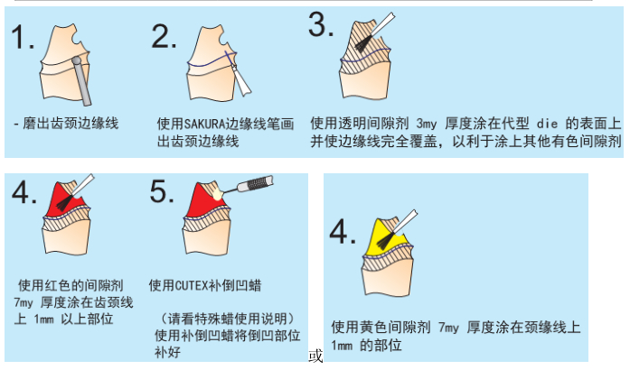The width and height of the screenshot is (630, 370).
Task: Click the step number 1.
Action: pyautogui.click(x=22, y=37)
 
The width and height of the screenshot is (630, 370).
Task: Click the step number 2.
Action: pyautogui.click(x=164, y=36)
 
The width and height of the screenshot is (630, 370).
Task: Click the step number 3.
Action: pyautogui.click(x=321, y=25)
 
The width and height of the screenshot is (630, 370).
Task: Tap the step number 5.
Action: pyautogui.click(x=162, y=191)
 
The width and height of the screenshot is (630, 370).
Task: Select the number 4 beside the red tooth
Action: pyautogui.click(x=24, y=192)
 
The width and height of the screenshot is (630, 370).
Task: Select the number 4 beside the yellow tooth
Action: pyautogui.click(x=343, y=232)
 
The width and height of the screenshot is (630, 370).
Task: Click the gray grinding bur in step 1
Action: pyautogui.click(x=81, y=81)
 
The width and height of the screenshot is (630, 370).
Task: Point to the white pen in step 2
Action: pyautogui.click(x=241, y=81)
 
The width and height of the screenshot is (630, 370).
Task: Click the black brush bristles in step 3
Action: pyautogui.click(x=362, y=43)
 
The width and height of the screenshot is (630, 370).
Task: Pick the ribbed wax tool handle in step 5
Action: pyautogui.click(x=256, y=184)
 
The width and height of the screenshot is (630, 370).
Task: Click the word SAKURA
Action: pyautogui.click(x=204, y=124)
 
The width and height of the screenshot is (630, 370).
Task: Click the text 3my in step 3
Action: pyautogui.click(x=426, y=124)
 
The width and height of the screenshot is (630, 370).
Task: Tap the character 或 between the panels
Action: pyautogui.click(x=315, y=356)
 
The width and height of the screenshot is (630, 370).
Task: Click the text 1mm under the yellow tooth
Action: pyautogui.click(x=342, y=345)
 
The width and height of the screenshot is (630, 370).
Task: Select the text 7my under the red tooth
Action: pyautogui.click(x=24, y=302)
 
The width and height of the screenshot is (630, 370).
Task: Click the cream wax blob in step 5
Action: pyautogui.click(x=217, y=193)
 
